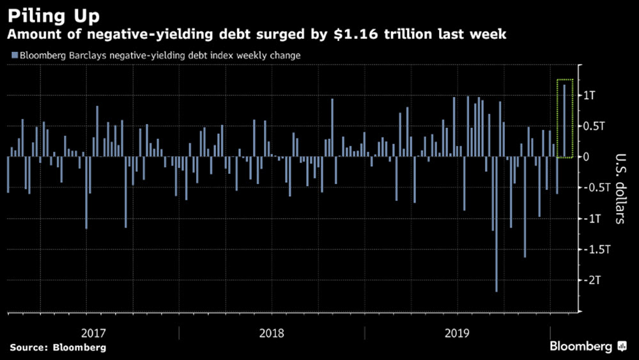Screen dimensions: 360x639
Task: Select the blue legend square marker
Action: (14, 56)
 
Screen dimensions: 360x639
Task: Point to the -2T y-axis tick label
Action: (594, 279)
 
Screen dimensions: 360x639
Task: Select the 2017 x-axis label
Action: (94, 333)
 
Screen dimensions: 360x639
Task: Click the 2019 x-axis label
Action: (458, 333)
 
